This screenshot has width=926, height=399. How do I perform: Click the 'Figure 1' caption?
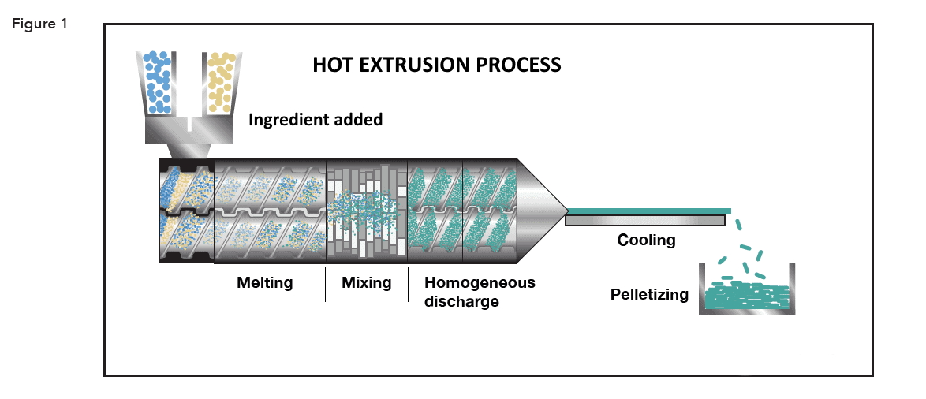pos(39,24)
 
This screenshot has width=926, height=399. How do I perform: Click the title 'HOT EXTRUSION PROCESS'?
pos(436,65)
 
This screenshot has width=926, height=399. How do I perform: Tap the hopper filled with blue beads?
pos(160,81)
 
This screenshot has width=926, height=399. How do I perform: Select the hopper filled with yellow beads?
pos(221,81)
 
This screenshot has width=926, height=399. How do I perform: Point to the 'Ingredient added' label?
pos(316,121)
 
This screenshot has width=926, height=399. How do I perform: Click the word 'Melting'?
pos(265,282)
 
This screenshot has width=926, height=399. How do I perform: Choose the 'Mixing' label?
pos(367,282)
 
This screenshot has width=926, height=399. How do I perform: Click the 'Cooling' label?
pos(646,240)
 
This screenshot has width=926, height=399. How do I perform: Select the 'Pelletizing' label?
pos(649,295)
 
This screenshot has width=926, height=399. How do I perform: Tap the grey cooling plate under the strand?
pos(645,221)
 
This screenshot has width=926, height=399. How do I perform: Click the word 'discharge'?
pos(461,301)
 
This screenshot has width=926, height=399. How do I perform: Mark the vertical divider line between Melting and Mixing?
pos(326,284)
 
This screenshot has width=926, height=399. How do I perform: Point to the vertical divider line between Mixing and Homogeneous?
pos(408,284)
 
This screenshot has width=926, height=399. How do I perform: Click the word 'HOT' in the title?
pos(331,65)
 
